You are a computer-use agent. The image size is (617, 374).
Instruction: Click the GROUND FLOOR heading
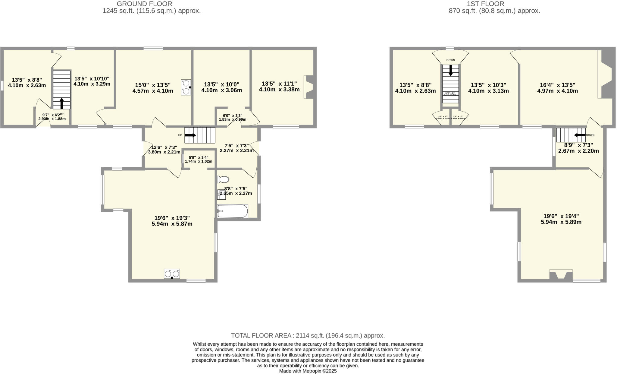(144, 4)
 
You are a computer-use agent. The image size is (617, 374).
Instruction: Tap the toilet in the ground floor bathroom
(223, 179)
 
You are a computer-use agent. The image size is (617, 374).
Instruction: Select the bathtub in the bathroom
(233, 211)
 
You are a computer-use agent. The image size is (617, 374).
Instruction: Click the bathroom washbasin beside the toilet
(221, 195)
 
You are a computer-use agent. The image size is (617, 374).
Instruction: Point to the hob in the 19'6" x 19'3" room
(172, 274)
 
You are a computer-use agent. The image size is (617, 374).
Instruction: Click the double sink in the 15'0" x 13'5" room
(186, 87)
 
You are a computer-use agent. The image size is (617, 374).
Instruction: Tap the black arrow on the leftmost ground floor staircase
(62, 103)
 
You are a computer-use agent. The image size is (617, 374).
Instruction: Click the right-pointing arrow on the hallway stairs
(190, 135)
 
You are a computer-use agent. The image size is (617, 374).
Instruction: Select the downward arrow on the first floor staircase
(451, 71)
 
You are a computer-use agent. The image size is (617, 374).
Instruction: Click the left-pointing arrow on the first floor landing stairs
(580, 135)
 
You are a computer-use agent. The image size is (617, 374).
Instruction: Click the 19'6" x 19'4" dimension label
(561, 219)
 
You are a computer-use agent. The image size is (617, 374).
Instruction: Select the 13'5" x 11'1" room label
(279, 87)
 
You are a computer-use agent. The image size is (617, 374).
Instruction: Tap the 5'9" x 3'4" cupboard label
(199, 160)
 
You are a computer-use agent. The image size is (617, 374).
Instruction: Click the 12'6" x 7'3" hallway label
(164, 150)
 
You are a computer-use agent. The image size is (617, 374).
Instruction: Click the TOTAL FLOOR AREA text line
(308, 335)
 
